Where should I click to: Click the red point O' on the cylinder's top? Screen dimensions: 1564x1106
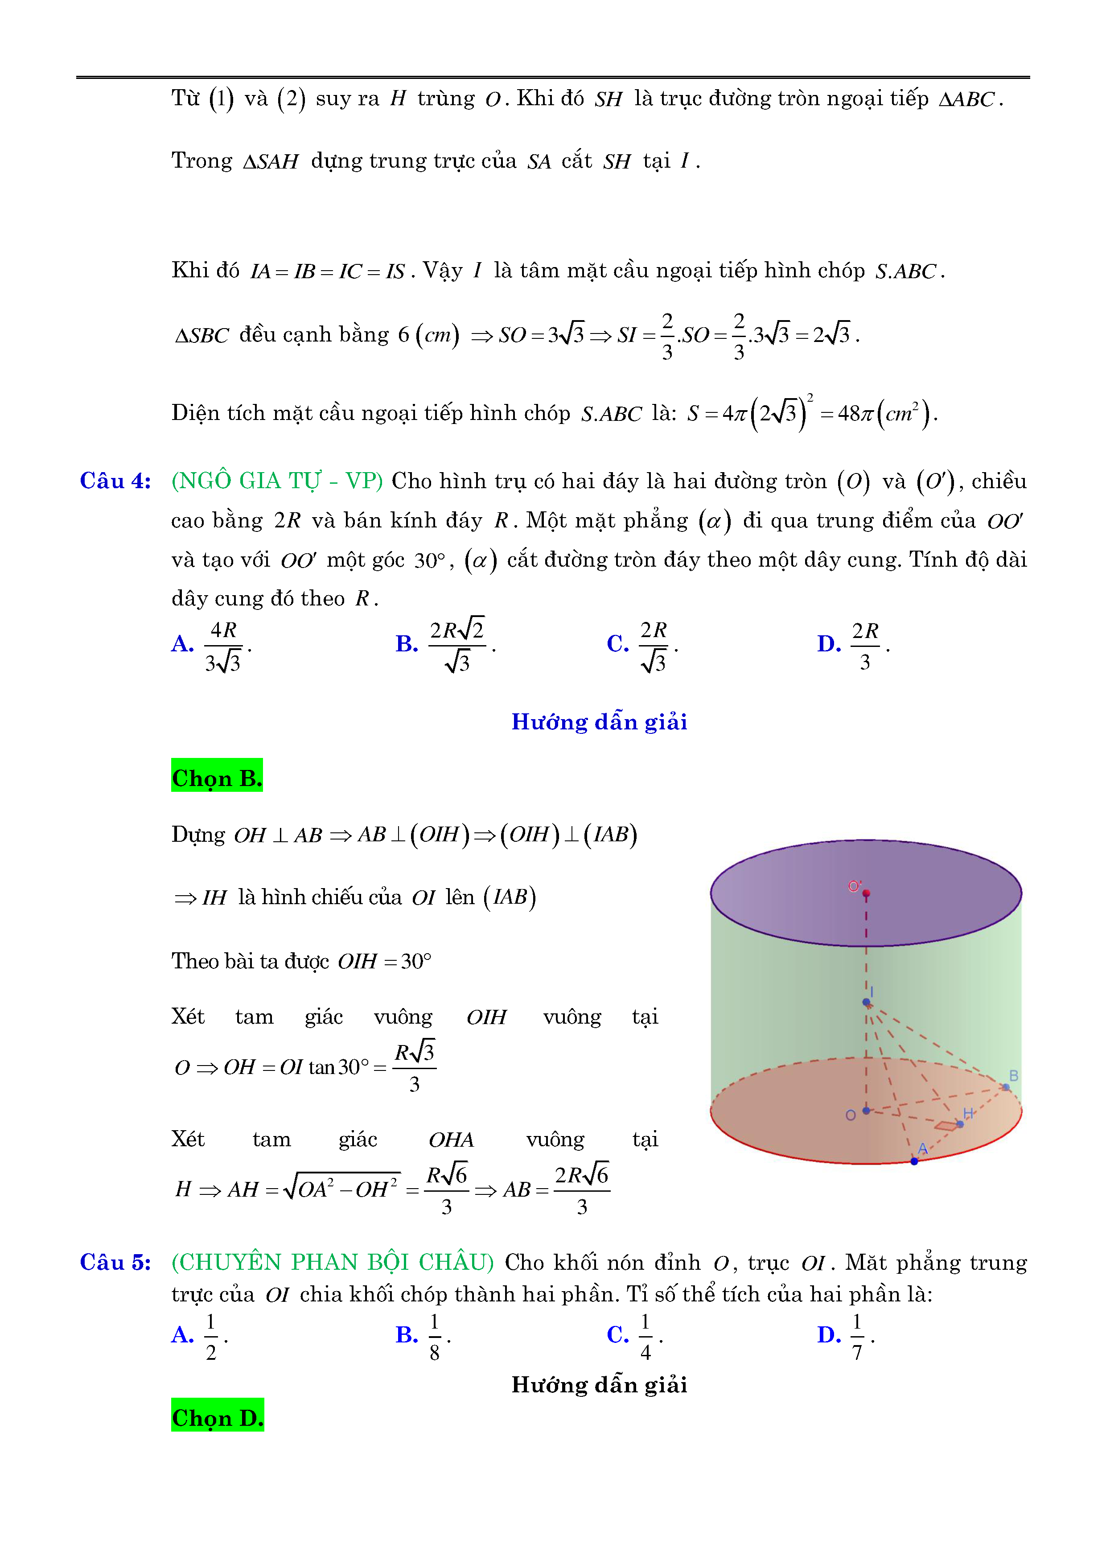(866, 893)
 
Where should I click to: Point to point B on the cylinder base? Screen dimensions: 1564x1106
(1006, 1087)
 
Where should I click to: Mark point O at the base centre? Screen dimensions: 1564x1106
(866, 1110)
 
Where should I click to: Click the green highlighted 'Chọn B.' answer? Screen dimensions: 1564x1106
(217, 777)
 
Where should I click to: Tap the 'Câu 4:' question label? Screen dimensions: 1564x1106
(115, 481)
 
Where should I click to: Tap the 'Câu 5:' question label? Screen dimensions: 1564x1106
(115, 1262)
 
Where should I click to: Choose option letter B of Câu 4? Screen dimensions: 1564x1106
(407, 644)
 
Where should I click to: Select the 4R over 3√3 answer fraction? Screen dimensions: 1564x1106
(223, 646)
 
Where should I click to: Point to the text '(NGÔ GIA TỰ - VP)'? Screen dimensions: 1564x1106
(276, 481)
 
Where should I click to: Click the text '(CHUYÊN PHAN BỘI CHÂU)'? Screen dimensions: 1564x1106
(333, 1262)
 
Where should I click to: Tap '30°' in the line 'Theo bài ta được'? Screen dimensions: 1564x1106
(415, 961)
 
